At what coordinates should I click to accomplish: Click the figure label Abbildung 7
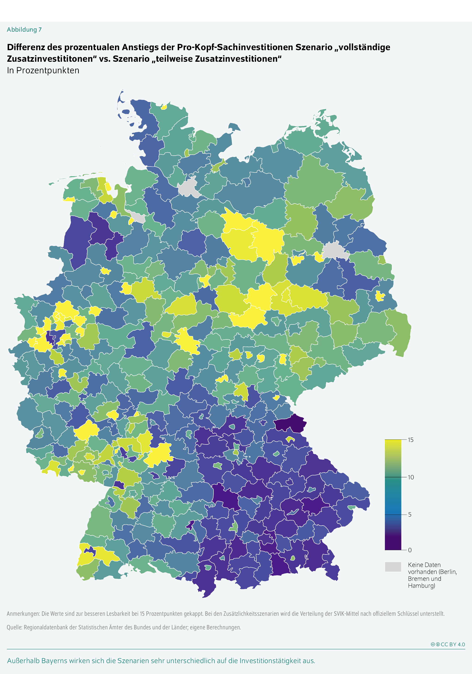tap(24, 30)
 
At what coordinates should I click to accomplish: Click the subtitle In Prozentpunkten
tap(43, 71)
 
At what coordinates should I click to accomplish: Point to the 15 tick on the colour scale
tap(410, 440)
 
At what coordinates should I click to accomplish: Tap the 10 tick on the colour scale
tap(411, 477)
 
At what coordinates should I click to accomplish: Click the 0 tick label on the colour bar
tap(410, 550)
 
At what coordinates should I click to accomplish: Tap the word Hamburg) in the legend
tap(421, 586)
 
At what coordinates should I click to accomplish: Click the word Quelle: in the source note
tap(14, 627)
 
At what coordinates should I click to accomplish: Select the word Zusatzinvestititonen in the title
tap(52, 59)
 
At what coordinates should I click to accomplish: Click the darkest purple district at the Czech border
tap(291, 424)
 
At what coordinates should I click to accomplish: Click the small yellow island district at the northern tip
tap(164, 107)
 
